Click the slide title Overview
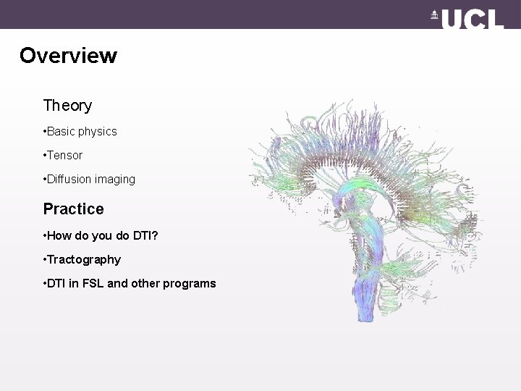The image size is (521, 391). pos(68,56)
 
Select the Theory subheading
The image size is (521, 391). pos(67,106)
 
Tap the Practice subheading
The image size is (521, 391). pos(73,209)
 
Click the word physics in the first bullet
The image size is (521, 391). pos(97,132)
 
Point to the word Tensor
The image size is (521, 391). pos(65,155)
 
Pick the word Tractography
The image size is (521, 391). pos(84,259)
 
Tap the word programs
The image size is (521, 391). pos(190,283)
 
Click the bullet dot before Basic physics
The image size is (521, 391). pos(45,132)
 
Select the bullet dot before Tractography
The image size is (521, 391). pos(45,259)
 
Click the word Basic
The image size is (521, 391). pos(62,132)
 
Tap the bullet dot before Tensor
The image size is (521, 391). pos(45,155)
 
